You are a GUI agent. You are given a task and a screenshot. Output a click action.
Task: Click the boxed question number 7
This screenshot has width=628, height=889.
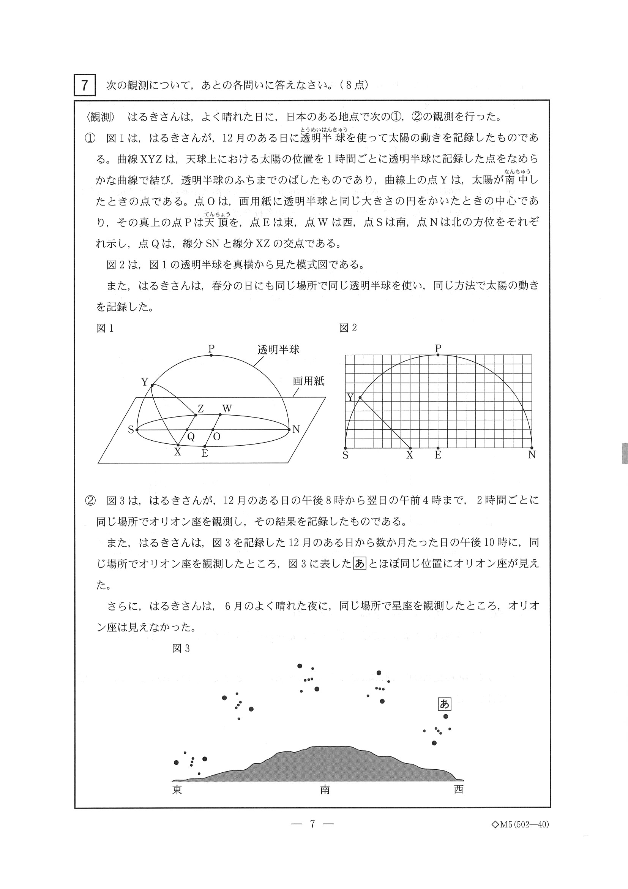84,85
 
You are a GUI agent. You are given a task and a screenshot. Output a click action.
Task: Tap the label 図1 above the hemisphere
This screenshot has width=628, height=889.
104,328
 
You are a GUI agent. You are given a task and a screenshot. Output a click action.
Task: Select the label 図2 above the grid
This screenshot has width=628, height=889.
347,328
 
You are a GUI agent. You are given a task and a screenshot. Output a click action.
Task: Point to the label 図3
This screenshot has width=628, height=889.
181,649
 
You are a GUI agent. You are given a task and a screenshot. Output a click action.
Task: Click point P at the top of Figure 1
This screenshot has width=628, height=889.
211,354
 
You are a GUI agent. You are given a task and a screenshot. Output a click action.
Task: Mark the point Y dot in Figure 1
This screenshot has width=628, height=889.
152,386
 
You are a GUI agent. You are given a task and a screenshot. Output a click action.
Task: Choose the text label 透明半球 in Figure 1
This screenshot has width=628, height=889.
278,350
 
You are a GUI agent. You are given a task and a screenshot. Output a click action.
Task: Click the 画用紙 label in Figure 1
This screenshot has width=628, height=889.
308,381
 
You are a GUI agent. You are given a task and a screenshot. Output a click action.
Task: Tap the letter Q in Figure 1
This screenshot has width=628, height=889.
191,437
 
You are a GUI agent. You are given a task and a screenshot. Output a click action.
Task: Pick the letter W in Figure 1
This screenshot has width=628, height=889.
227,408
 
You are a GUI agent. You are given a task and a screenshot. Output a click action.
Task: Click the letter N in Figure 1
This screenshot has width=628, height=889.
296,429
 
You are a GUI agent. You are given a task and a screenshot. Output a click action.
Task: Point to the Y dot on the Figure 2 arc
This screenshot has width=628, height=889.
360,398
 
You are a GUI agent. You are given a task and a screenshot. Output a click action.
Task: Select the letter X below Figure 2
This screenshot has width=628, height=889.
409,455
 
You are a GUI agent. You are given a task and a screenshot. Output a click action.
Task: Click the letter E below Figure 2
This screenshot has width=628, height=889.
438,455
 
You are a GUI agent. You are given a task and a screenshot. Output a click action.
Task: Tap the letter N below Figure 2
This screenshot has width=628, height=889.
532,455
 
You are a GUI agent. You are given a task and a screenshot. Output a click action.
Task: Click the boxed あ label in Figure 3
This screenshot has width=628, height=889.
444,704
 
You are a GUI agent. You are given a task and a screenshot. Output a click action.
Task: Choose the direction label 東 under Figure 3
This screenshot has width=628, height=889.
177,789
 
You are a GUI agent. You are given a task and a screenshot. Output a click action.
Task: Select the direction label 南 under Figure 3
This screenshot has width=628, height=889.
325,789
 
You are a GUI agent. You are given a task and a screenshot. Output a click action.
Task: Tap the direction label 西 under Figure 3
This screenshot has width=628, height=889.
459,789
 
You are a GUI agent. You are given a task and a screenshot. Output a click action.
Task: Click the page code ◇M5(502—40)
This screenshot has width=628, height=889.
520,824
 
